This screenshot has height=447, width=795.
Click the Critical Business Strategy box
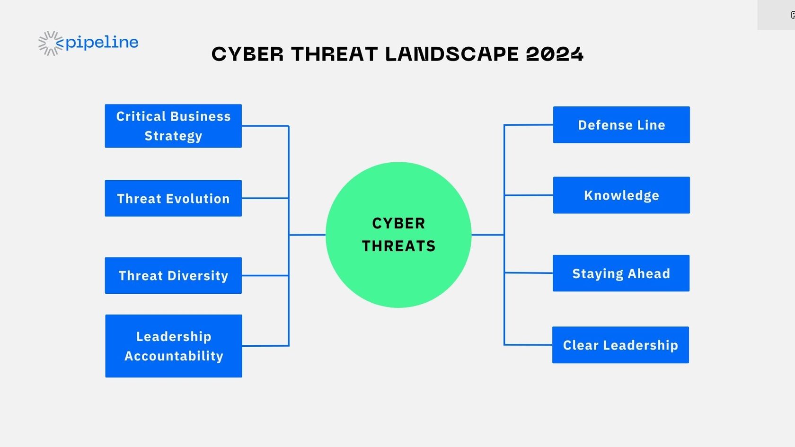click(173, 126)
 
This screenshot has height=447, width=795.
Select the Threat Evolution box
click(173, 198)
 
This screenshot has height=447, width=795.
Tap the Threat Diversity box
click(173, 276)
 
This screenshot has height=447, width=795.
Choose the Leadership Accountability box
click(174, 346)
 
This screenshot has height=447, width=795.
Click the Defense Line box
click(621, 125)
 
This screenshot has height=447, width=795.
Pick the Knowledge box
click(621, 195)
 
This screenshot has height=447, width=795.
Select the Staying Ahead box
click(621, 273)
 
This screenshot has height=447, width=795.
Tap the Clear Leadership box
click(620, 345)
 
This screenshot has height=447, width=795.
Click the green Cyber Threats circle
click(398, 235)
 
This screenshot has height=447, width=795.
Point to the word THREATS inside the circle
click(398, 246)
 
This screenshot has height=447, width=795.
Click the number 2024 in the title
click(555, 54)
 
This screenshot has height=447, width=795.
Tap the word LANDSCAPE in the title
click(452, 54)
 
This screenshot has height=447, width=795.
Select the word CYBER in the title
click(247, 54)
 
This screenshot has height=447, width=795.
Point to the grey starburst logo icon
click(50, 44)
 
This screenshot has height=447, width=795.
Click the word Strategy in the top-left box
click(173, 136)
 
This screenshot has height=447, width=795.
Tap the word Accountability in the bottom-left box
click(174, 356)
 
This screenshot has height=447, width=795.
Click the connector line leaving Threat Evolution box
click(265, 198)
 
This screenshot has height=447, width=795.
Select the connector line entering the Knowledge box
click(529, 195)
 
